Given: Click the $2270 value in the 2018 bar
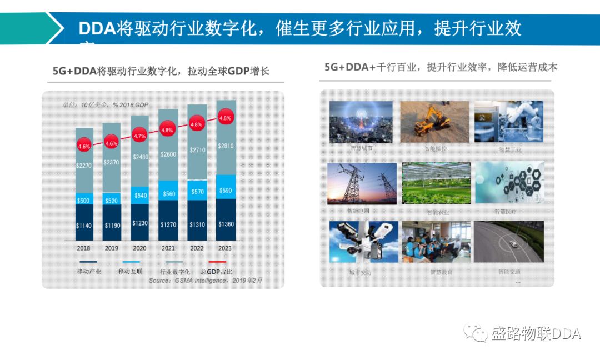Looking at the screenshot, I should tap(84, 165).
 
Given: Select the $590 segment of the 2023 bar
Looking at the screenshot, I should tap(226, 191).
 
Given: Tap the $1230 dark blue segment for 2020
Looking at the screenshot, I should tap(141, 223).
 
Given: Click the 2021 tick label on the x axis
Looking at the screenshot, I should tap(168, 248).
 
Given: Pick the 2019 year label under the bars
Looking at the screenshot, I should tap(112, 248).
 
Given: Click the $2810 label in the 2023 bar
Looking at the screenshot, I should tap(226, 146).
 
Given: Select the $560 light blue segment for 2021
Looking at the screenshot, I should tap(168, 194).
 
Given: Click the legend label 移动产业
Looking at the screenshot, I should tap(88, 272).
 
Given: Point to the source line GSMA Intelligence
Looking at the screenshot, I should tap(205, 281).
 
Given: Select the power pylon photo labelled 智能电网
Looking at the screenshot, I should tap(362, 184).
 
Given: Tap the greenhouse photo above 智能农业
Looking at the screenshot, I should tap(436, 183).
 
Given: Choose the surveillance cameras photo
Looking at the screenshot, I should tap(361, 242).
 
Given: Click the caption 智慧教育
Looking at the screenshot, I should tap(441, 272).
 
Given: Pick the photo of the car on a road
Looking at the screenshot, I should tap(508, 242).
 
